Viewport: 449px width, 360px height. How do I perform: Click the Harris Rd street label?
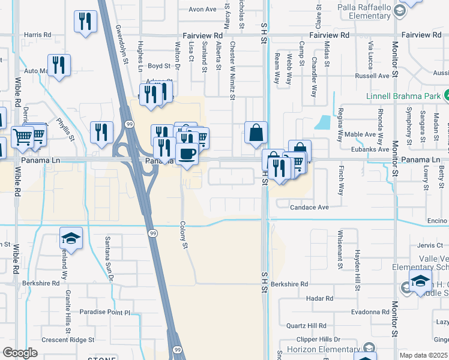pyautogui.click(x=38, y=35)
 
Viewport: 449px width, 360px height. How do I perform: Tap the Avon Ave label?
pyautogui.click(x=202, y=10)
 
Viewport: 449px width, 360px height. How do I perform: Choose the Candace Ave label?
pyautogui.click(x=310, y=208)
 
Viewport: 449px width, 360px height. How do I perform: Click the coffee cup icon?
pyautogui.click(x=187, y=154)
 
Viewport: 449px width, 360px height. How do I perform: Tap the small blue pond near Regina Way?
pyautogui.click(x=324, y=122)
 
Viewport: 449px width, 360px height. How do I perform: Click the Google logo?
pyautogui.click(x=20, y=352)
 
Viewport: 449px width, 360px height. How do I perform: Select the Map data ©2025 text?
pyautogui.click(x=423, y=355)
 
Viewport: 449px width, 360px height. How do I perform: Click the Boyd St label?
pyautogui.click(x=159, y=66)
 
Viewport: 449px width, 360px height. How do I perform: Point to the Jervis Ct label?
pyautogui.click(x=430, y=245)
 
